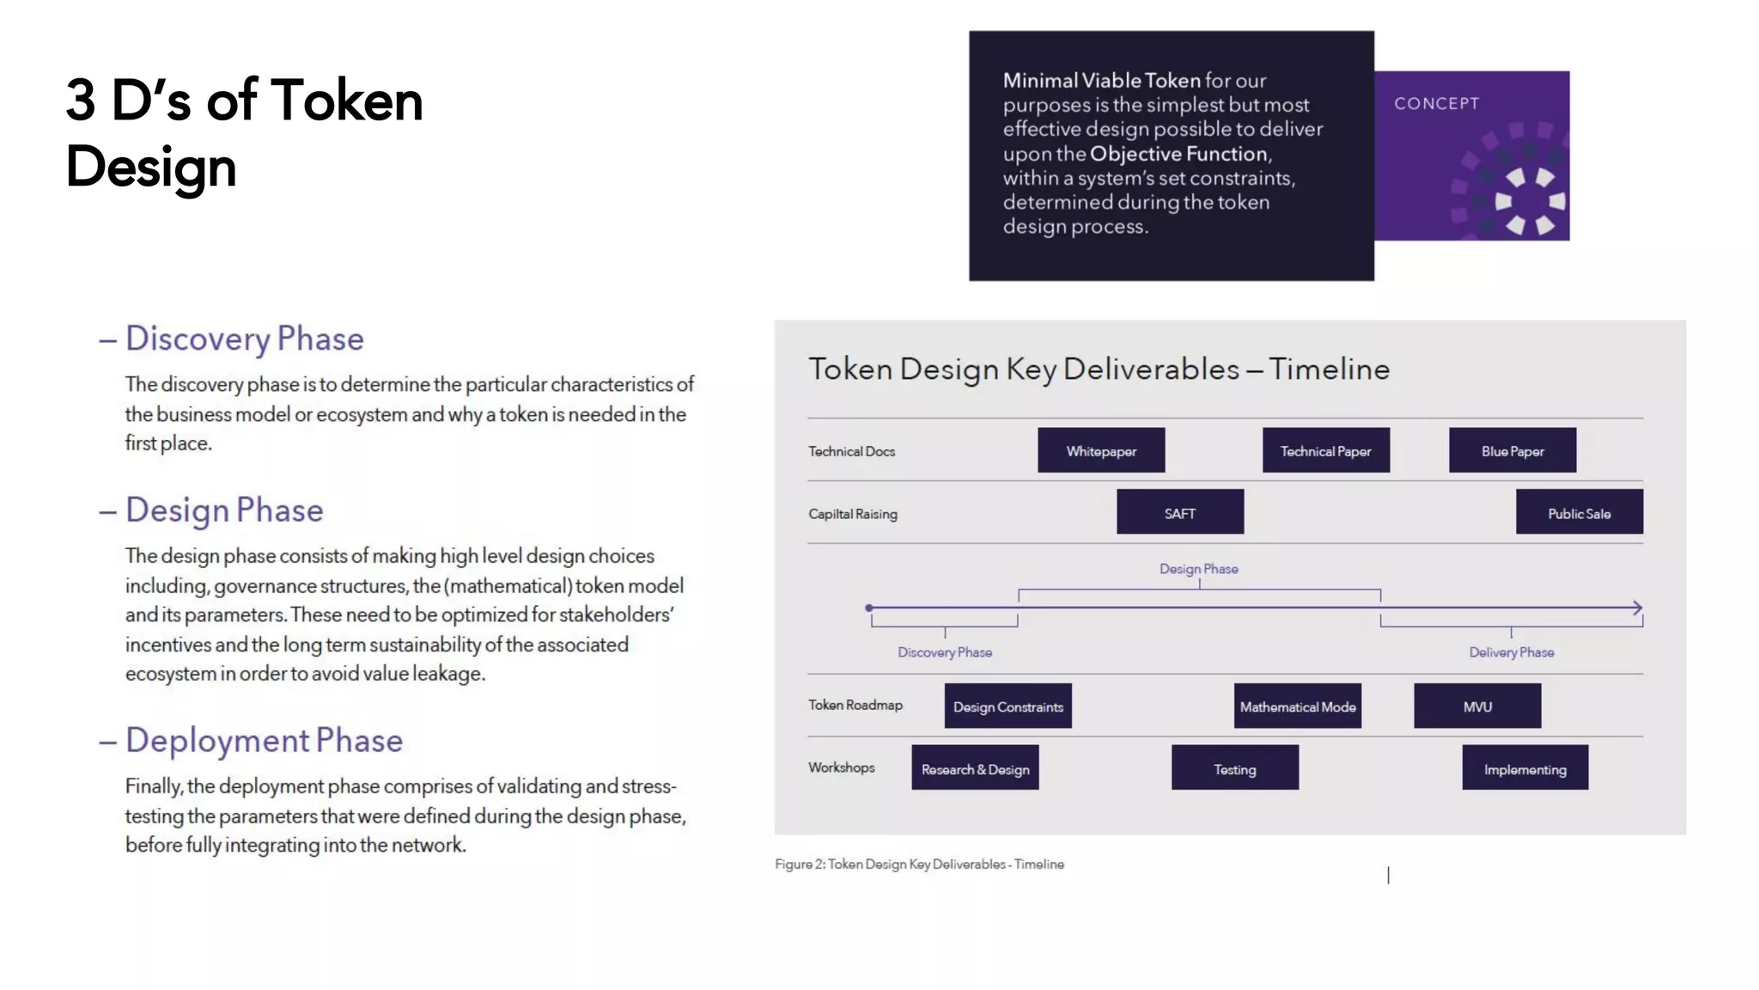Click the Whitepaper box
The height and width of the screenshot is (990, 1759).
(x=1101, y=450)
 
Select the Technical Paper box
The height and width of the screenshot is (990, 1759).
(x=1325, y=450)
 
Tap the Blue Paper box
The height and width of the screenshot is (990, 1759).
(x=1512, y=450)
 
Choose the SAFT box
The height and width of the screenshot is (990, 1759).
(x=1179, y=512)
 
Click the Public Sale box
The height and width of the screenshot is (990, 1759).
(x=1579, y=512)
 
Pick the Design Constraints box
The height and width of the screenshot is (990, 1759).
(x=1007, y=706)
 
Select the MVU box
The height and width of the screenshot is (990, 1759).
(x=1477, y=706)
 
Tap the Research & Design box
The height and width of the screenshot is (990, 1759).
(x=975, y=768)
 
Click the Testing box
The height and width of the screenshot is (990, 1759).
(x=1234, y=768)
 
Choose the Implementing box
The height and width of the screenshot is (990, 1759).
(x=1525, y=768)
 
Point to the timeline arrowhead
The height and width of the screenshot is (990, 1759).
(x=1637, y=608)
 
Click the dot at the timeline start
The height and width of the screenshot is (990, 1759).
(x=869, y=608)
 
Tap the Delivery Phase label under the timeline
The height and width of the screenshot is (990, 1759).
(x=1511, y=652)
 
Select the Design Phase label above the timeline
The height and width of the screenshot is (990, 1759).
(x=1198, y=569)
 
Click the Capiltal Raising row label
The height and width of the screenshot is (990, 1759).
(x=852, y=514)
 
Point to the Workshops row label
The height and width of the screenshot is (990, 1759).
(x=841, y=767)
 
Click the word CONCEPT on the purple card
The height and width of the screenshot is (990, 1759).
(x=1436, y=104)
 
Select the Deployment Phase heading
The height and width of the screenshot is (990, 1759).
(x=264, y=741)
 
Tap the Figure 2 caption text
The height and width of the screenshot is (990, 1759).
(x=919, y=864)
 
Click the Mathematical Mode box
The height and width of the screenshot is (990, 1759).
(x=1297, y=706)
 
